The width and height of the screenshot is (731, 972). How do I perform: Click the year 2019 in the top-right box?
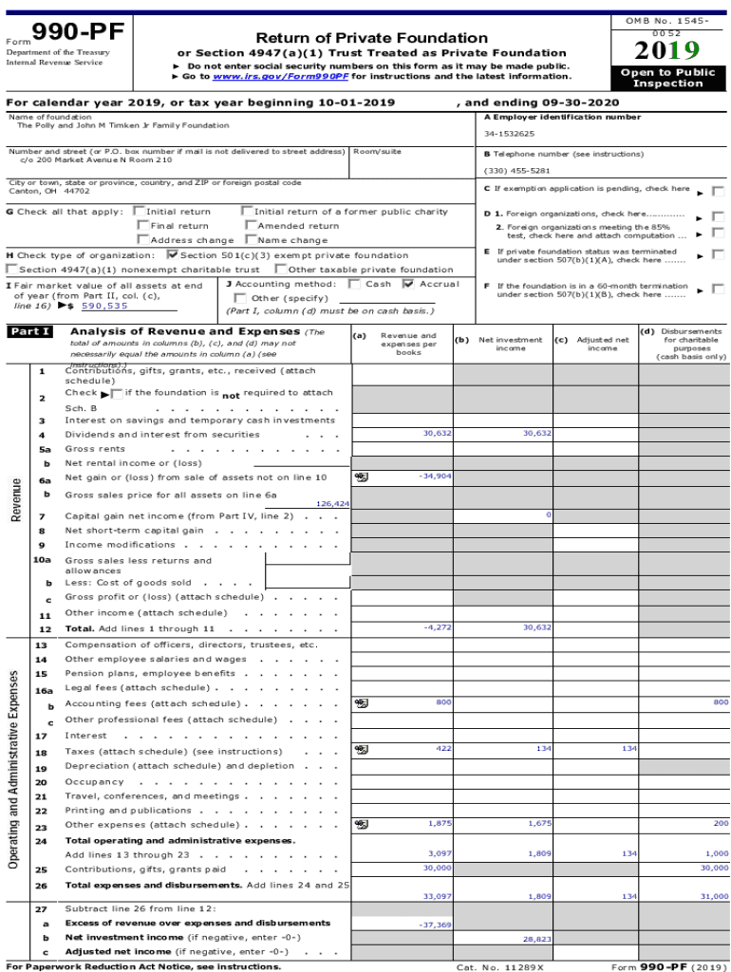tap(667, 50)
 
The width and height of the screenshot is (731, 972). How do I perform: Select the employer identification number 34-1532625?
tap(510, 134)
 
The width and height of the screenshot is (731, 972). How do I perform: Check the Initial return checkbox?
tap(141, 212)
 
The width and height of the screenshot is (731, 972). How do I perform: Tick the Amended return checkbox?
tap(250, 226)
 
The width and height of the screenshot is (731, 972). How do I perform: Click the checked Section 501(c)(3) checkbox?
tap(172, 254)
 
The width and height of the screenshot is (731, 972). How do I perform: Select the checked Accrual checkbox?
tap(408, 284)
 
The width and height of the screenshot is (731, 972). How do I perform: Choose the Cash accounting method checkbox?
tap(355, 284)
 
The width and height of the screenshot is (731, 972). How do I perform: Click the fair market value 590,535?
tap(104, 306)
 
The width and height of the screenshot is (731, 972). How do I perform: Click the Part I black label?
tap(29, 332)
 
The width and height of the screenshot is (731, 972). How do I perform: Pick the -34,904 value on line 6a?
tap(435, 476)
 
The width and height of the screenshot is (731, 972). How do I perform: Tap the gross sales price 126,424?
tap(333, 504)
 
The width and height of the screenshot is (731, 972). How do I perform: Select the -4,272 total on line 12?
tap(438, 627)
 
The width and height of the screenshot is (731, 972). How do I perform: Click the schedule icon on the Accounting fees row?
tap(361, 702)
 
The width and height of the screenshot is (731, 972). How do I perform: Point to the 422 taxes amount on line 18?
tap(443, 748)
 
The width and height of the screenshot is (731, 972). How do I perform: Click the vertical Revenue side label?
tap(16, 498)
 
